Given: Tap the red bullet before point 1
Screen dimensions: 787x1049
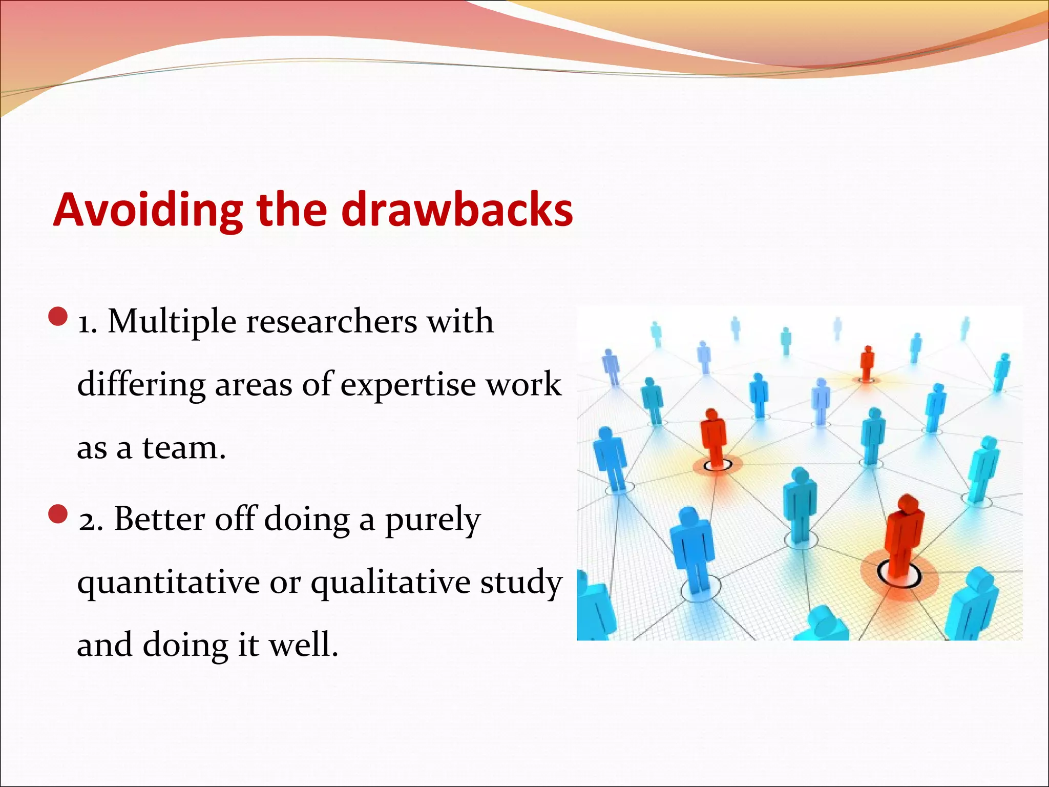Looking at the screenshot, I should coord(58,317).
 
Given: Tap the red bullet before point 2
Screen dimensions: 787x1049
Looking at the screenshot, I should coord(58,514).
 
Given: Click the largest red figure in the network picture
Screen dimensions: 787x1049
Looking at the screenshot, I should coord(903,538).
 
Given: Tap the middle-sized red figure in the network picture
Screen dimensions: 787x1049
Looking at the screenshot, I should coord(713,436).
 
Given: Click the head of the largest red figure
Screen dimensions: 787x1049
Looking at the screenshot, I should coord(907,505).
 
